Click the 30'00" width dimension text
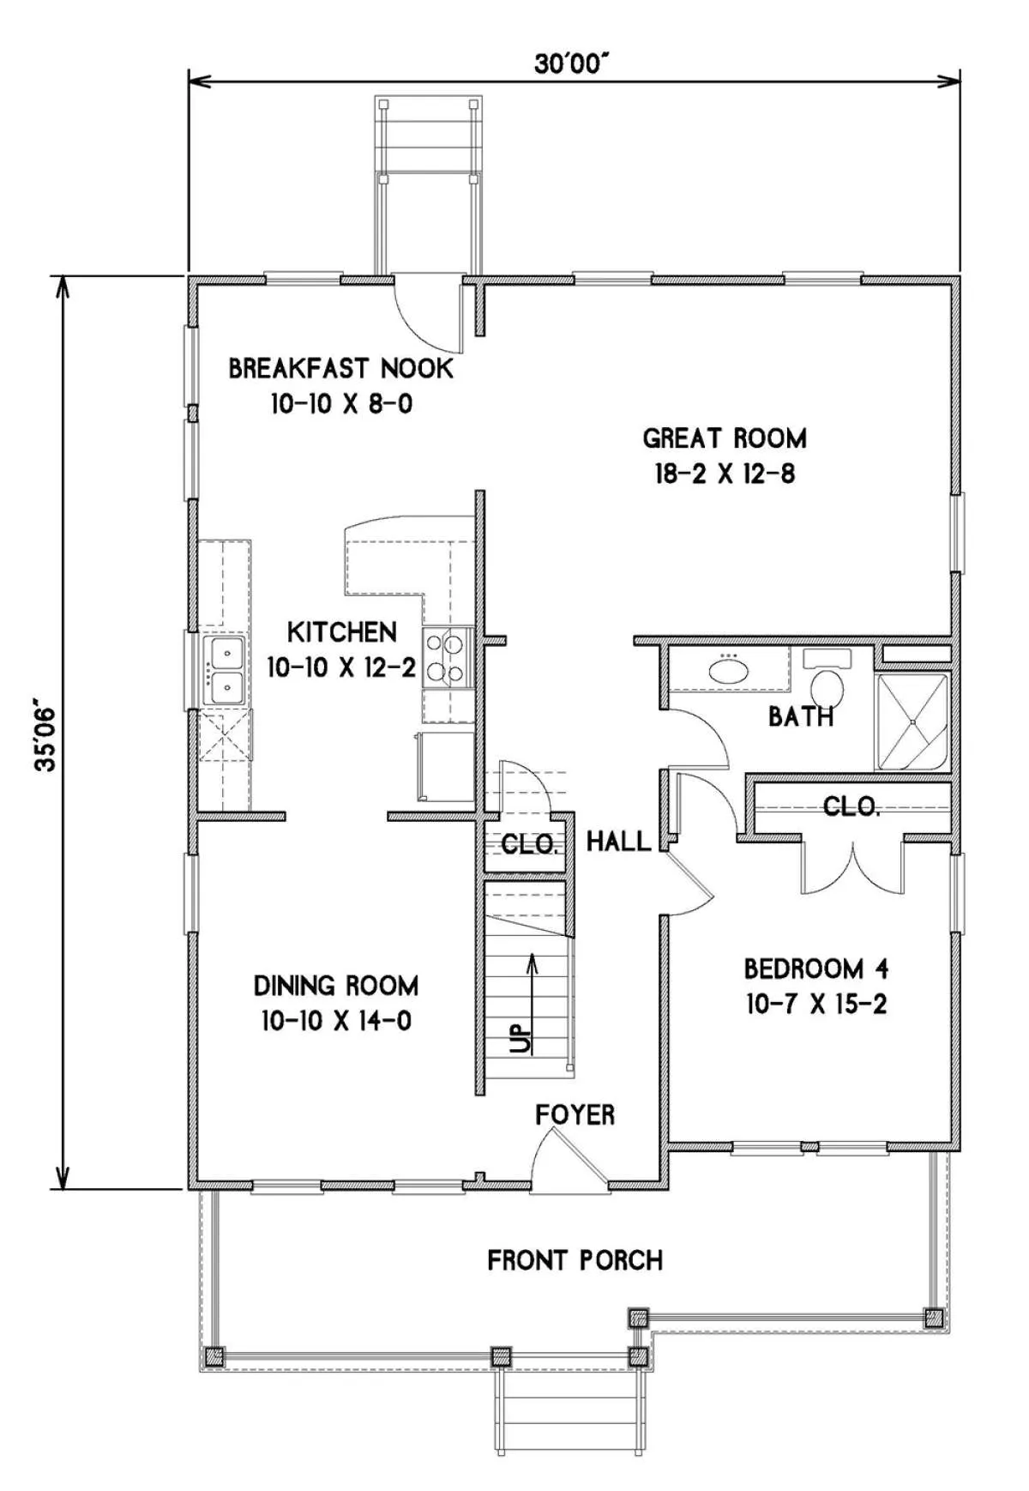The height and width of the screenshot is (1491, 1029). tap(572, 63)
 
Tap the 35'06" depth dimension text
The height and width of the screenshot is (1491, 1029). tap(45, 738)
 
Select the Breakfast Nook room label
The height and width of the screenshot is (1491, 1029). tap(340, 369)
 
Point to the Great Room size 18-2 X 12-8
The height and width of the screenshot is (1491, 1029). tap(725, 474)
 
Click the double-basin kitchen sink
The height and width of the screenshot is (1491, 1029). tap(224, 670)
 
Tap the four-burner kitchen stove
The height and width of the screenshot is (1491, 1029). tap(448, 657)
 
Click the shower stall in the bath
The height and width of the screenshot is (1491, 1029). tap(912, 722)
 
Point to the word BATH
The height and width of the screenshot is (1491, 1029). tap(801, 716)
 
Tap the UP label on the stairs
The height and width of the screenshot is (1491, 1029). tap(520, 1040)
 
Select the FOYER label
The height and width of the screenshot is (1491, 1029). tap(575, 1115)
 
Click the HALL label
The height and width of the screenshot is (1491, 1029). tap(618, 842)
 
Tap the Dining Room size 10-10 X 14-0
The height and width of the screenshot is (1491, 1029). tap(336, 1022)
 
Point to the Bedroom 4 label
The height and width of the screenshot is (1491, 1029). tap(816, 969)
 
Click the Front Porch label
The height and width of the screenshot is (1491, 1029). tap(575, 1261)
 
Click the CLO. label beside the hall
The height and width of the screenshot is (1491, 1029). tap(530, 845)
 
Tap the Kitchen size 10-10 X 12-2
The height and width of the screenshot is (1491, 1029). tap(341, 667)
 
